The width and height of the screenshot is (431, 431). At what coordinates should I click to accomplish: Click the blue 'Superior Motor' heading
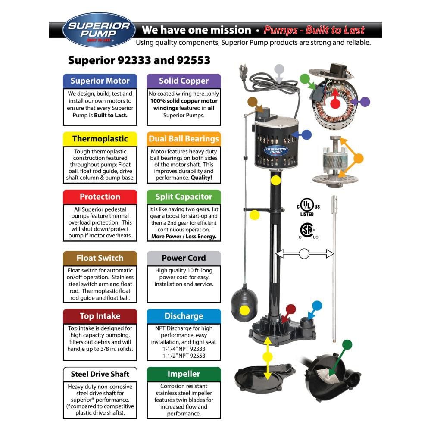coord(100,81)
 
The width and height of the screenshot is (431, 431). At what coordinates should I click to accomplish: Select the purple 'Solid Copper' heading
coord(184,81)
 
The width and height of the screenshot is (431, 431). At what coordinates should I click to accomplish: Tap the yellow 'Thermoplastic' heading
coord(100,139)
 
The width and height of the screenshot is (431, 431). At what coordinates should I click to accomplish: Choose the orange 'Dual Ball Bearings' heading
coord(184,139)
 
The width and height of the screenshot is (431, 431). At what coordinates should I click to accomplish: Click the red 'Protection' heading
coord(100,197)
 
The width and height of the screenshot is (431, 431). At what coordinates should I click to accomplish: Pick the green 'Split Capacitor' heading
coord(184,197)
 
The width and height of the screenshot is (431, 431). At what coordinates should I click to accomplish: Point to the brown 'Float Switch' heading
coord(100,258)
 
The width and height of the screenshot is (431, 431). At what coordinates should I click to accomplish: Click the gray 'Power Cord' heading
coord(184,258)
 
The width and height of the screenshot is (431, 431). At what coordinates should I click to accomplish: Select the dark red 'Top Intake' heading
coord(100,316)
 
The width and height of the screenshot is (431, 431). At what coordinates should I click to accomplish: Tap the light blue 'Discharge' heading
coord(184,316)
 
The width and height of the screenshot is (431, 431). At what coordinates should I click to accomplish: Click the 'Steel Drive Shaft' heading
coord(100,374)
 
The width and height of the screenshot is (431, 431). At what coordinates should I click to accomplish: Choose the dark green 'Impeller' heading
coord(184,374)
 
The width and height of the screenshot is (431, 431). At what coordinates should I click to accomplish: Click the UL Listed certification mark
coord(307,206)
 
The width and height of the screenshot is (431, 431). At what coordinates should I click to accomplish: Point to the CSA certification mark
coord(307,231)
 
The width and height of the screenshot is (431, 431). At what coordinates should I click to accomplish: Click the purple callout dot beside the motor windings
coord(365,102)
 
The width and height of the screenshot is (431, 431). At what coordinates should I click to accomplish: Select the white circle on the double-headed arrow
coord(304,254)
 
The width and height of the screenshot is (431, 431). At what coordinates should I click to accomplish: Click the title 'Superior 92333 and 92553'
coord(139,60)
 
